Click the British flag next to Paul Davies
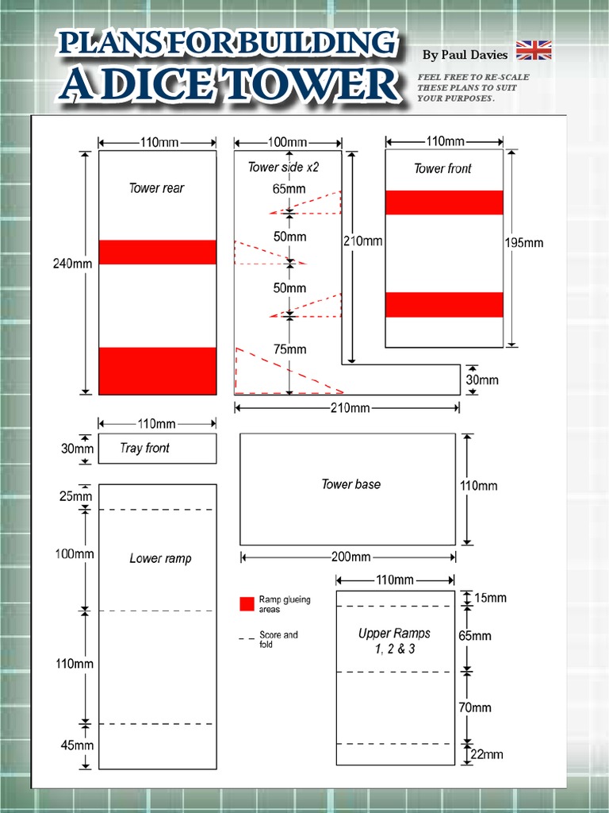(x=534, y=51)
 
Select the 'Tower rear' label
(x=156, y=188)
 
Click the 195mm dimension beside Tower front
(x=524, y=243)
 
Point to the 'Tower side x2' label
(x=283, y=168)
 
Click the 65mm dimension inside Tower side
(x=289, y=190)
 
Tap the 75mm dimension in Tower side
(x=289, y=349)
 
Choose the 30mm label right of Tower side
(x=482, y=380)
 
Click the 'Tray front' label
(x=144, y=449)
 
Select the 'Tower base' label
(x=350, y=484)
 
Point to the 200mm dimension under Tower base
(x=350, y=557)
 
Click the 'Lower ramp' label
(x=160, y=559)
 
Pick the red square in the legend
(x=247, y=604)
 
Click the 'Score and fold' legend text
(x=278, y=639)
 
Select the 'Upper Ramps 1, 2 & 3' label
(x=394, y=641)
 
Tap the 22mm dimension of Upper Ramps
(x=487, y=755)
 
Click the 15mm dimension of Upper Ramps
(x=490, y=597)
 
